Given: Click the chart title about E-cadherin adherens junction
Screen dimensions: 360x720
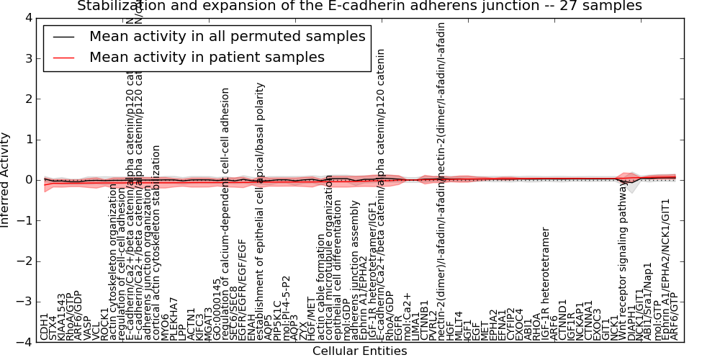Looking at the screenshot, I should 359,6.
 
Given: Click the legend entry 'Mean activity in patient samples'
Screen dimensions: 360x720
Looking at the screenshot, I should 207,57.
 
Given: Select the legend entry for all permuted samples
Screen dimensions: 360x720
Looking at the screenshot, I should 227,37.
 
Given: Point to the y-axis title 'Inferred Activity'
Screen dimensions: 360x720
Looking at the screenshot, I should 6,179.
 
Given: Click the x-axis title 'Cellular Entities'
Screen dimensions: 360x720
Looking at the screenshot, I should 359,351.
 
